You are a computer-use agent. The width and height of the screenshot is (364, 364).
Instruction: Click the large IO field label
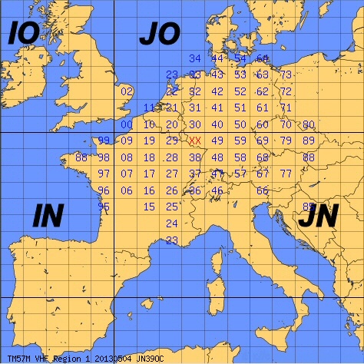23,35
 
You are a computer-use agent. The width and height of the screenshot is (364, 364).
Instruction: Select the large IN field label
48,217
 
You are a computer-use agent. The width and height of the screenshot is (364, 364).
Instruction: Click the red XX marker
195,141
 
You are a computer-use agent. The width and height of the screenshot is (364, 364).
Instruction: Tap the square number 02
127,91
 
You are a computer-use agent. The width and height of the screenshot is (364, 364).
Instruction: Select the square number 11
150,108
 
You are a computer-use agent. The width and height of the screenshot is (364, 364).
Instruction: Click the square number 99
104,141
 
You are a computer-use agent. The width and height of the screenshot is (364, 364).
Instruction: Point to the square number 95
104,206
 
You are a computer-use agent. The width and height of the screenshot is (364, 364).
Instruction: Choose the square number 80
309,124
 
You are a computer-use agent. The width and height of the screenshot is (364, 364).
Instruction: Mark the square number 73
286,75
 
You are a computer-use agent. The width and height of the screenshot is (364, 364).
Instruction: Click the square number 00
127,124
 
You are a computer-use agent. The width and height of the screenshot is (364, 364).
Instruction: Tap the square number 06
127,190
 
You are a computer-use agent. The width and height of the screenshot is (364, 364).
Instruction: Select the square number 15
150,206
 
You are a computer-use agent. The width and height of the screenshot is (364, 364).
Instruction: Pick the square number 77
286,174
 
